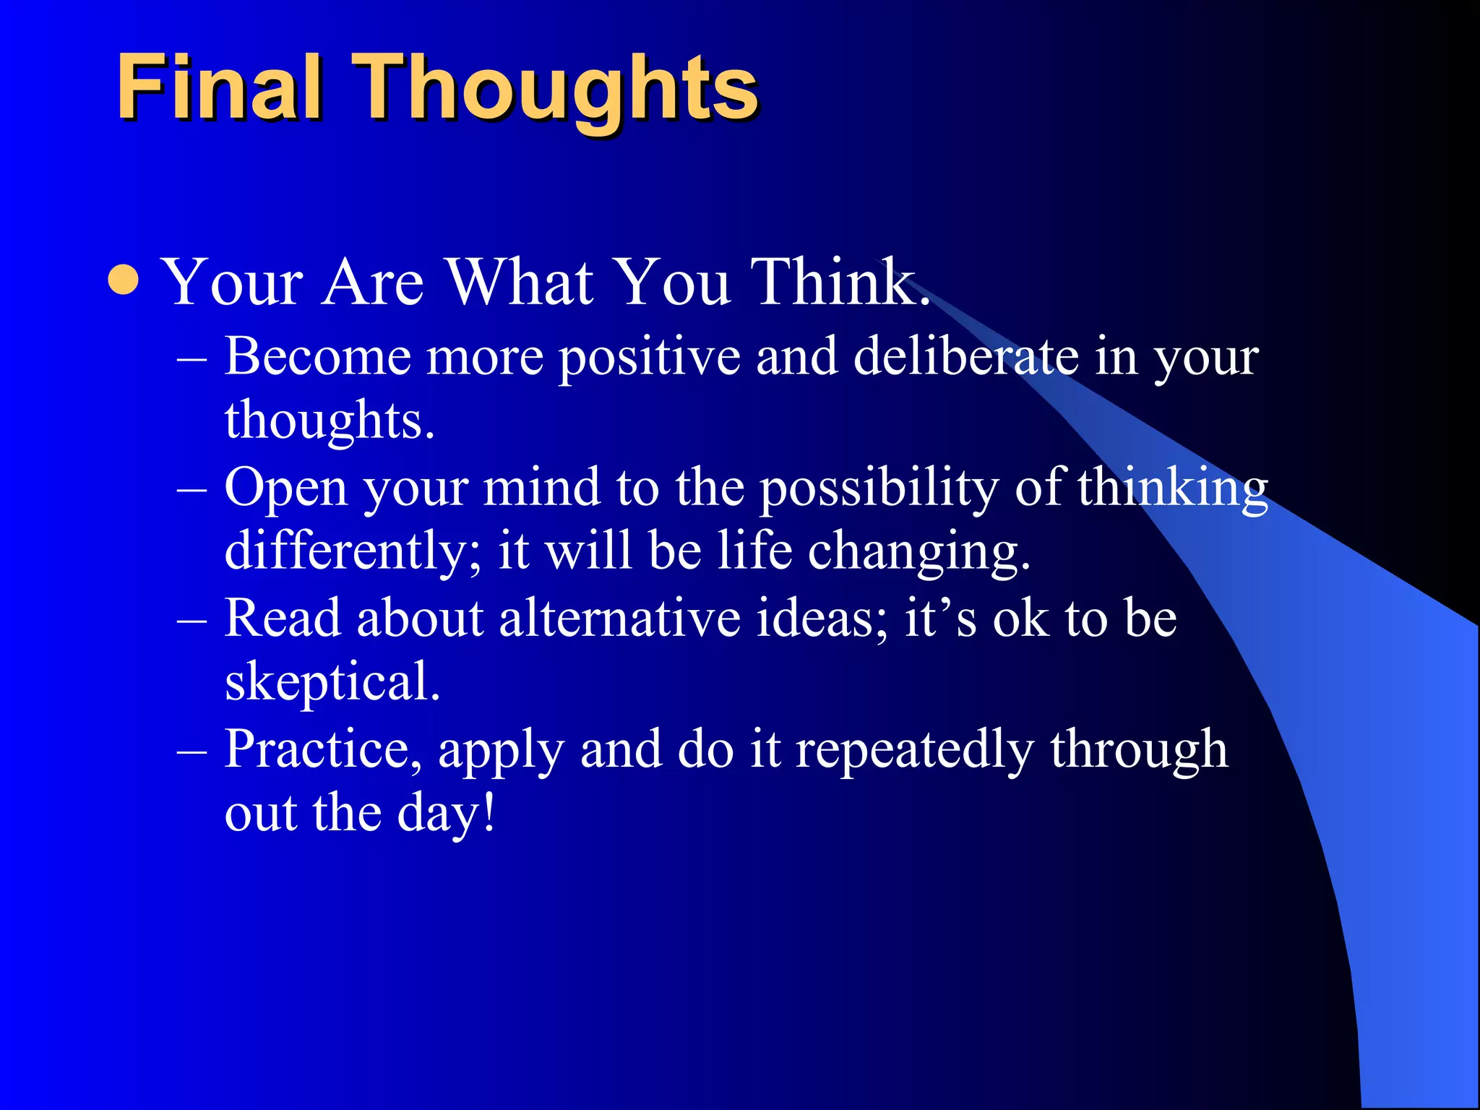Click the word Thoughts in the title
(x=556, y=90)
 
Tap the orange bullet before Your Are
(x=124, y=280)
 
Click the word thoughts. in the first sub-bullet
(x=330, y=421)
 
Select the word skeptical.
(x=332, y=683)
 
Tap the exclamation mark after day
(x=490, y=812)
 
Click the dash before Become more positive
(x=192, y=358)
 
